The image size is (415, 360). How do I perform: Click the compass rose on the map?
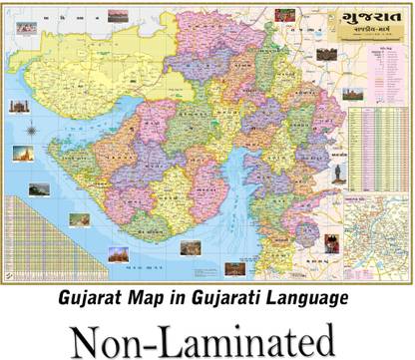[x=34, y=129]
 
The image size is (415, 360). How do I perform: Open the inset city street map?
[x=378, y=235]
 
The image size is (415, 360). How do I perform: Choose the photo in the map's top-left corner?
[x=26, y=28]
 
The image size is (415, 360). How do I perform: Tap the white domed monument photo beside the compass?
[x=18, y=106]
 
